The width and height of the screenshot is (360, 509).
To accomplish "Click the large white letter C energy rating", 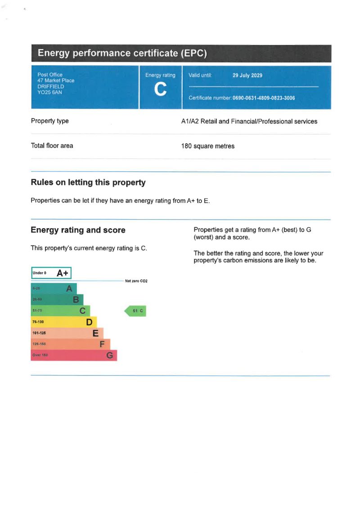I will point(160,90).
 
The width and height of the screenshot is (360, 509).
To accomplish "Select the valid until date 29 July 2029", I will point(247,76).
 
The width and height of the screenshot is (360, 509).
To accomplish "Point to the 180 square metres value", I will point(207,146).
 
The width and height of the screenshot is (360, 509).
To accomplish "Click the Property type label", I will point(50,121).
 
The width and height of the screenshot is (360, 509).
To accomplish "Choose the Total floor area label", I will point(52,146).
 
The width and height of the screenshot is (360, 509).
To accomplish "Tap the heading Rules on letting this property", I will point(88,182).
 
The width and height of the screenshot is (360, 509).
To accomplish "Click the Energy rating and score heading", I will point(78,230).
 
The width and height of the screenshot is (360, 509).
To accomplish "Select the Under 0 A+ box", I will point(51,273).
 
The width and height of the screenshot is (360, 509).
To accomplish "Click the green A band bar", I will point(54,288).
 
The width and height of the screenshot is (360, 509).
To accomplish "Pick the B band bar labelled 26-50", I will point(57,299).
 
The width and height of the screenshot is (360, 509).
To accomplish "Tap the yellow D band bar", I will point(63,322).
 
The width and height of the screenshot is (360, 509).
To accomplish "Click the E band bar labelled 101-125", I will point(67,333).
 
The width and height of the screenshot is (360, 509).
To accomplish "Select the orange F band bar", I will point(70,344).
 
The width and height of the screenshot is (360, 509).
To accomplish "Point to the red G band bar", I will point(73,356).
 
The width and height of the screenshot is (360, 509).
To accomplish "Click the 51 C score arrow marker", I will point(136,311).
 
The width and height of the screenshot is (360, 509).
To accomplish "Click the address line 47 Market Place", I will point(56,81).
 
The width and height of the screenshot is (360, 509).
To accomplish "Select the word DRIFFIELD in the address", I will point(51,86).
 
